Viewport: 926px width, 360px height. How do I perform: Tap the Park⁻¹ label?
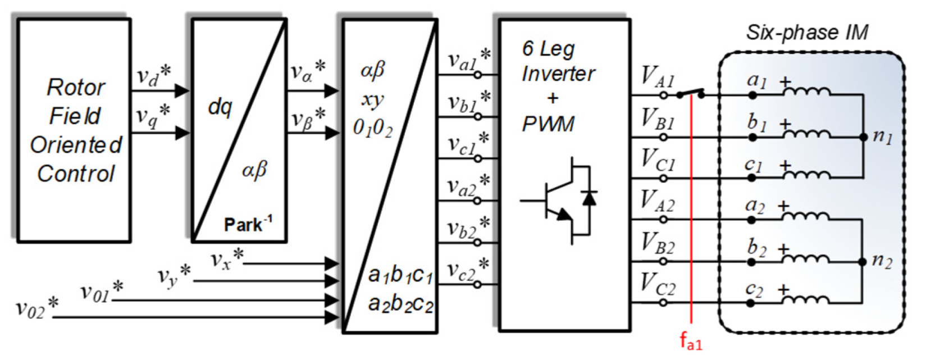tap(248, 225)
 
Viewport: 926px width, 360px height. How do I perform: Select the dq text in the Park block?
tap(220, 106)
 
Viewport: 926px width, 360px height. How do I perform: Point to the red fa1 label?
tap(691, 340)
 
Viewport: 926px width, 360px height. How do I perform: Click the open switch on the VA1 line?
tap(691, 93)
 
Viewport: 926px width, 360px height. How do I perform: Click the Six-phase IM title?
tap(807, 32)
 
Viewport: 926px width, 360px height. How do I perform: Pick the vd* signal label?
tap(153, 76)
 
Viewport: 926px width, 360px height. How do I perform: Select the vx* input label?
tap(227, 258)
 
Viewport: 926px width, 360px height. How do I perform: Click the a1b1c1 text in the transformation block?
tap(400, 276)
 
